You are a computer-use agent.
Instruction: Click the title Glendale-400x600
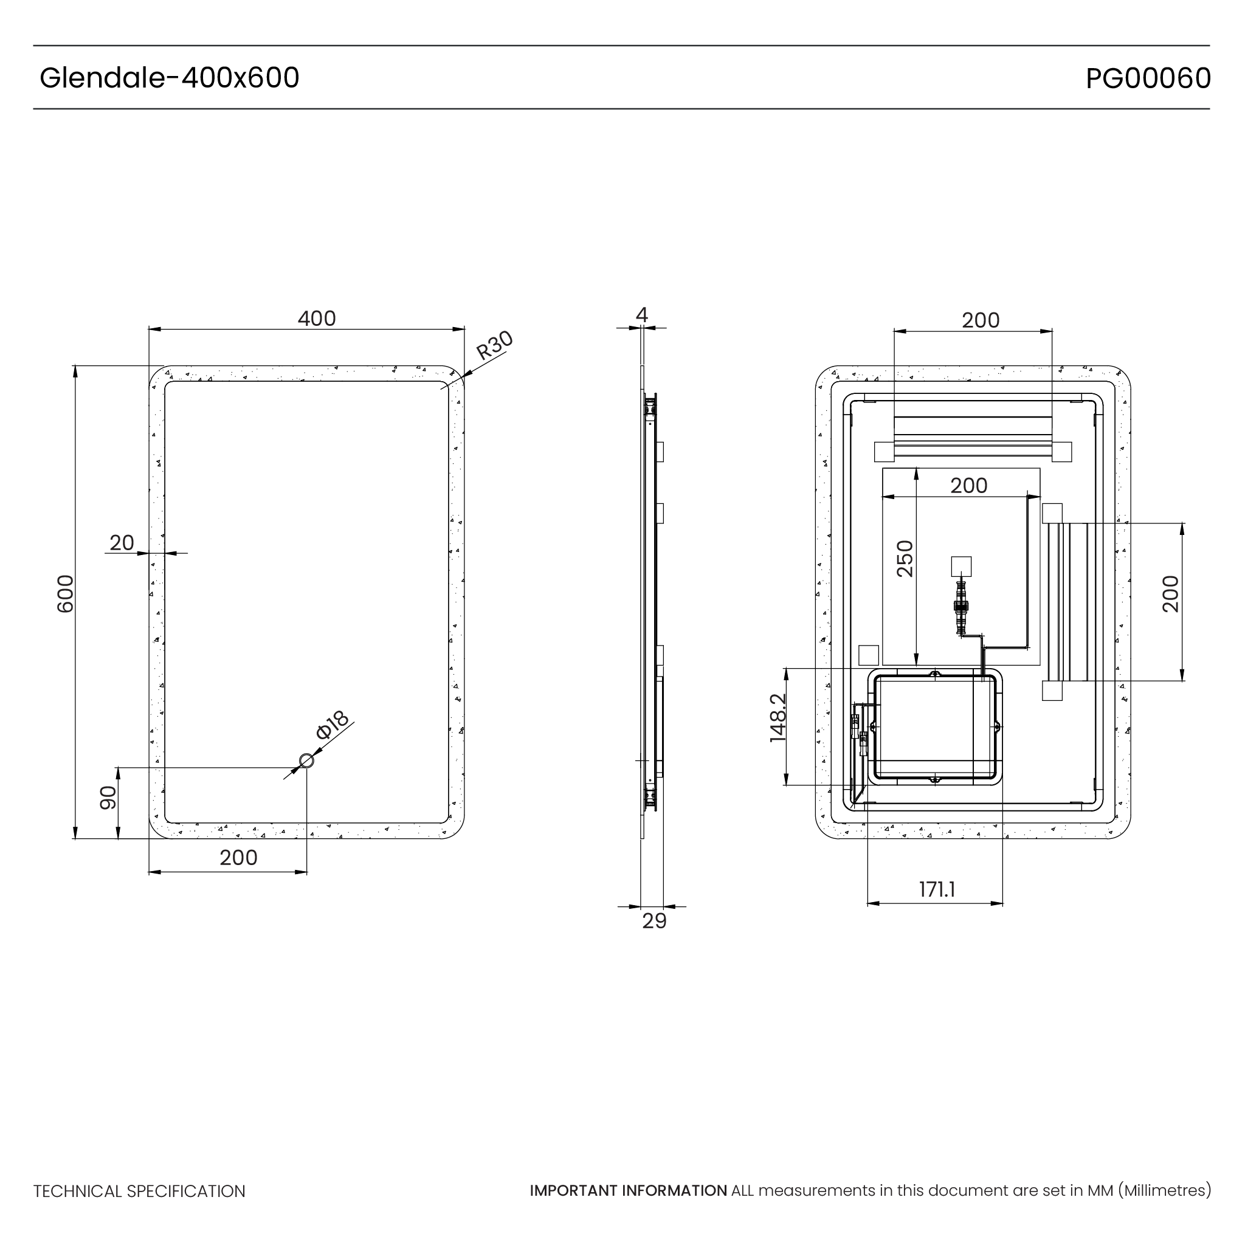click(170, 78)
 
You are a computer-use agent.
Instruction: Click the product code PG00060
click(1148, 78)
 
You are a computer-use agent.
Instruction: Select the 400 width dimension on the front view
click(316, 319)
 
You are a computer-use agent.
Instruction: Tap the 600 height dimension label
click(66, 593)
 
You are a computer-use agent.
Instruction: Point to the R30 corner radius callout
click(494, 345)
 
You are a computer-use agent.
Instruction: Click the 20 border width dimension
click(122, 543)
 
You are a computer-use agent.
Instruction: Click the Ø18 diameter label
click(332, 725)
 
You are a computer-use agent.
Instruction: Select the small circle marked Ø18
click(307, 761)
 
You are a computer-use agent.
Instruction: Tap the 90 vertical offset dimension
click(108, 798)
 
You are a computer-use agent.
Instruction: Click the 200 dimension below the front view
click(238, 858)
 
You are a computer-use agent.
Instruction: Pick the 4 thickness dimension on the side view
click(641, 314)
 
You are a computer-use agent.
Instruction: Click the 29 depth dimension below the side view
click(654, 921)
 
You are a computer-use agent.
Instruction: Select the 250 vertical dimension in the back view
click(905, 559)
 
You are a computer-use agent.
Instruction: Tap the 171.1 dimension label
click(936, 889)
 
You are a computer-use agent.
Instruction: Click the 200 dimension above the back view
click(980, 320)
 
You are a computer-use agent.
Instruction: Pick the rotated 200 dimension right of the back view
click(1170, 593)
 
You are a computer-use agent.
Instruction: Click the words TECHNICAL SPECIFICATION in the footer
click(139, 1192)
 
